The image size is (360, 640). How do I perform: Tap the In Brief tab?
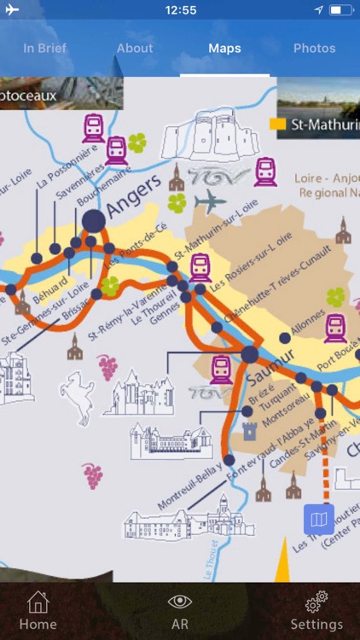coord(44,48)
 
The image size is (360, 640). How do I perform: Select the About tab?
coord(135,48)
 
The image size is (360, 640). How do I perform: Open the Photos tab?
coord(314,48)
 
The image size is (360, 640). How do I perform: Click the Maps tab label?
coord(224,48)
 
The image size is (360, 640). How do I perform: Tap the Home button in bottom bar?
coord(38,611)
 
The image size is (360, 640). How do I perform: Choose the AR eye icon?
coord(180,611)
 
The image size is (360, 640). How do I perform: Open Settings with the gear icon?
coord(316,611)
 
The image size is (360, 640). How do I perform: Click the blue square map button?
coord(319,519)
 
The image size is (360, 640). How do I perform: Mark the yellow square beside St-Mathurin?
coord(277,125)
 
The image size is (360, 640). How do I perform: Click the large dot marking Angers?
coord(94,221)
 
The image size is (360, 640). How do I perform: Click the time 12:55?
coord(180,10)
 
